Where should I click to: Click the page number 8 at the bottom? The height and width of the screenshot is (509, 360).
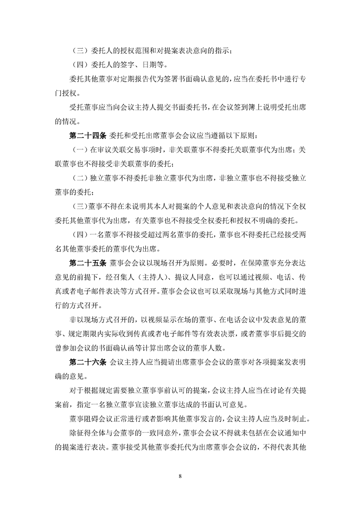[x=180, y=476]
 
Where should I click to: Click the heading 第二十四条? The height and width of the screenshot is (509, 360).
[x=87, y=135]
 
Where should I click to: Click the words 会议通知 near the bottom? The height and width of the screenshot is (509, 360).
[x=284, y=431]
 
